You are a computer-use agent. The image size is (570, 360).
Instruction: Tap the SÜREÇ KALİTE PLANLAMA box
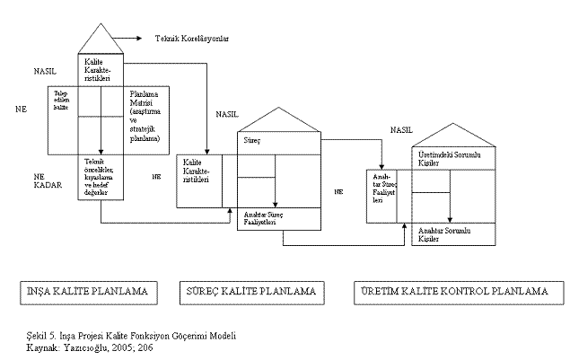[250, 292]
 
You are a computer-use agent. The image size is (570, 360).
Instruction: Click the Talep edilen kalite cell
[62, 101]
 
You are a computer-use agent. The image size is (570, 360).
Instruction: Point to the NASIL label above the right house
[401, 130]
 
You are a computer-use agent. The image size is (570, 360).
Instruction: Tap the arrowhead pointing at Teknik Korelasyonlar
[141, 38]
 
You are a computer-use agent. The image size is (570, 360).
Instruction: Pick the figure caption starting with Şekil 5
[131, 335]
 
